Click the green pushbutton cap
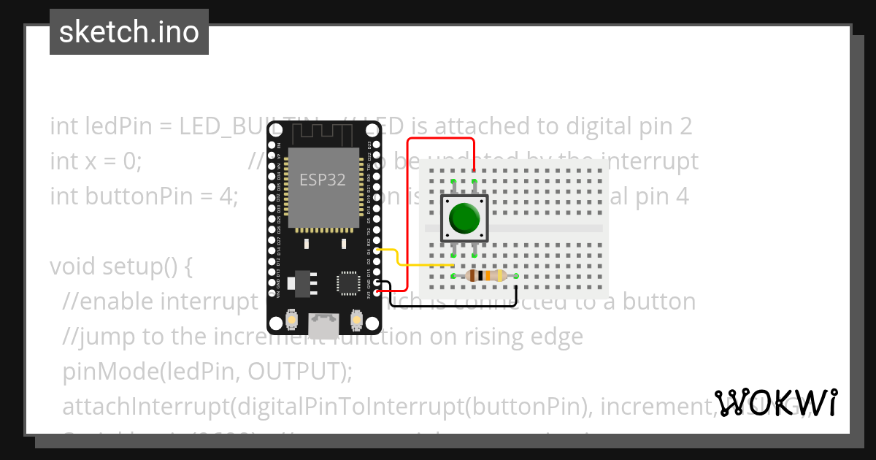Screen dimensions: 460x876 (x=464, y=218)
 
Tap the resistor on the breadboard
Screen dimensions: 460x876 (x=485, y=275)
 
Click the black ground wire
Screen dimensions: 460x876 (x=453, y=305)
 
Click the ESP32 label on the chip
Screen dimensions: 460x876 (x=323, y=179)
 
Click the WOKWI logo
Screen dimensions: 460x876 (x=775, y=402)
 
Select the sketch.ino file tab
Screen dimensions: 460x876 (x=129, y=32)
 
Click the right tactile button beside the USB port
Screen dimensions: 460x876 (x=357, y=320)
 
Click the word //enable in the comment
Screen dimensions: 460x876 (x=108, y=301)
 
